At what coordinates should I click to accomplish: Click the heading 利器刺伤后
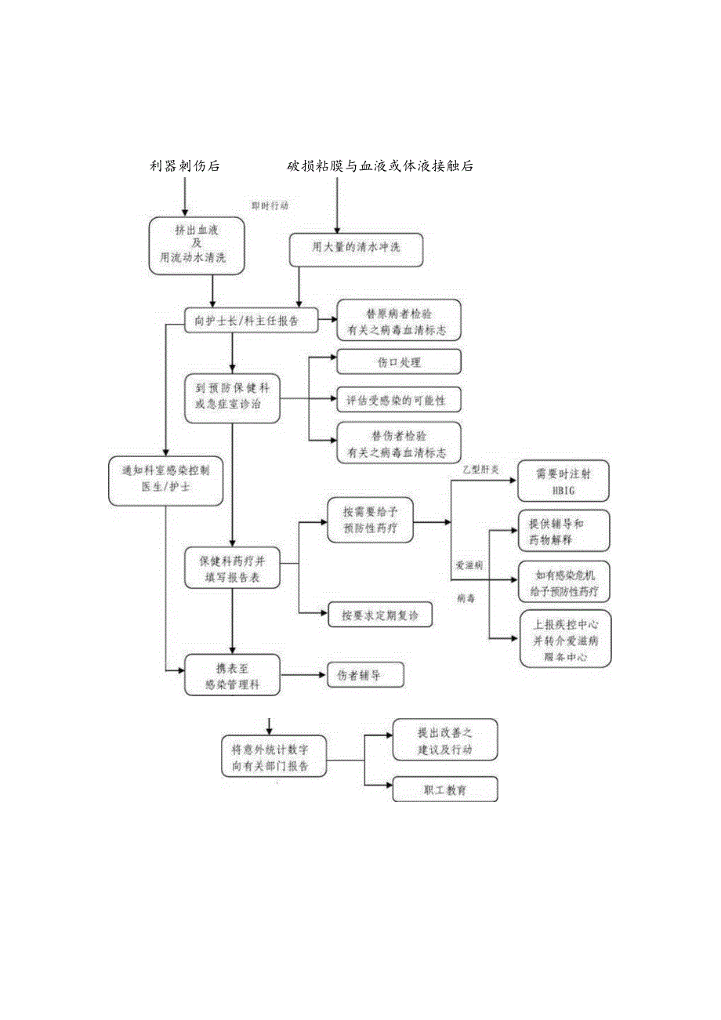185,165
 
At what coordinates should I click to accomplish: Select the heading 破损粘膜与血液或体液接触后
380,165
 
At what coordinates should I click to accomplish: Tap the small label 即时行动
270,205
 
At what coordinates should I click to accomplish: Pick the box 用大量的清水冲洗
357,249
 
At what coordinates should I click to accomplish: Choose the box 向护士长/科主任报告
252,321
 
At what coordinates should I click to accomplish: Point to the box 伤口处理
399,362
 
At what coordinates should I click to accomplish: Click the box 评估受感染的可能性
399,401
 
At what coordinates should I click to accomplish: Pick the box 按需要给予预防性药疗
370,520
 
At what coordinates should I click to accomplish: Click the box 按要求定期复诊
379,615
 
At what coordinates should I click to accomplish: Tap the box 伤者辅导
365,675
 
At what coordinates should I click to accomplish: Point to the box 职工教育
444,790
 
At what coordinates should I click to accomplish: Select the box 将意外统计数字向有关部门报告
274,755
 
